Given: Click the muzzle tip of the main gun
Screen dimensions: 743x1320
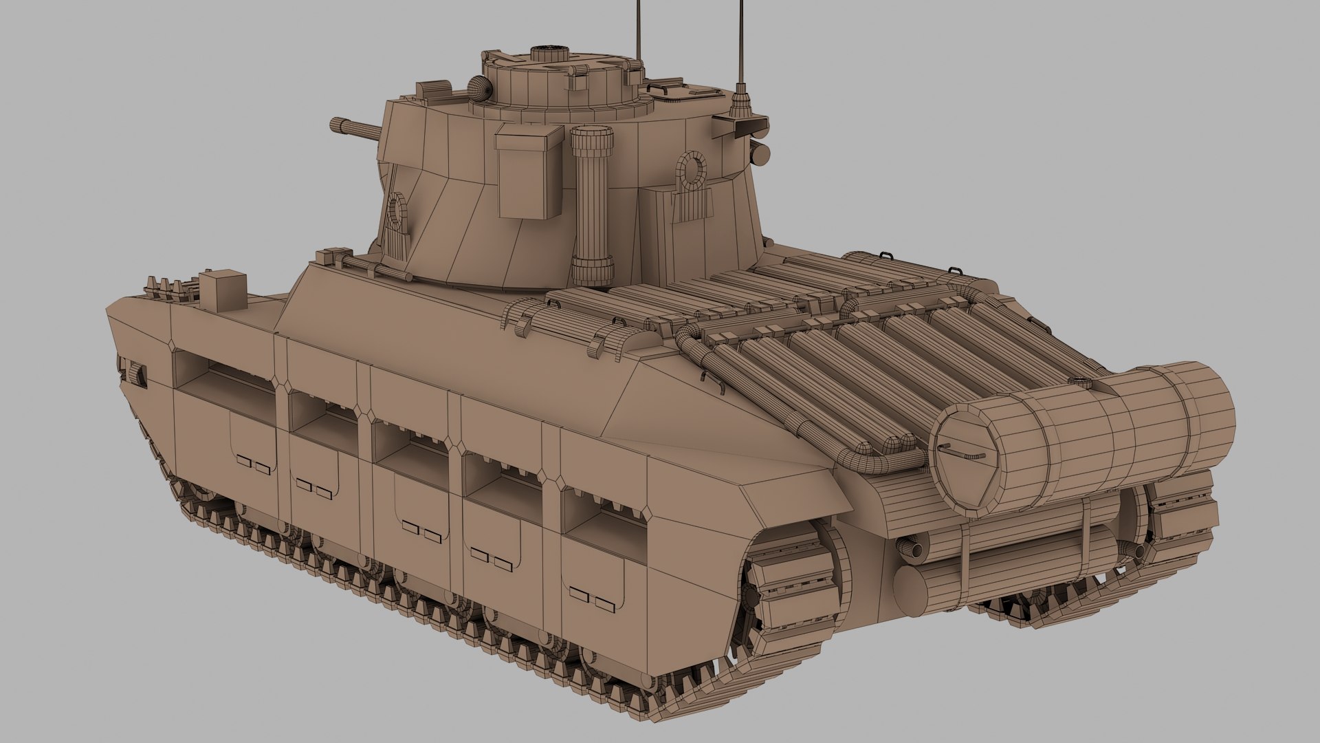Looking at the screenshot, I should [335, 125].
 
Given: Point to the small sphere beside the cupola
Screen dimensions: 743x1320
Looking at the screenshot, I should [480, 88].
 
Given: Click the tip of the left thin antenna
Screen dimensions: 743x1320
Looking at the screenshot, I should [638, 3].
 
